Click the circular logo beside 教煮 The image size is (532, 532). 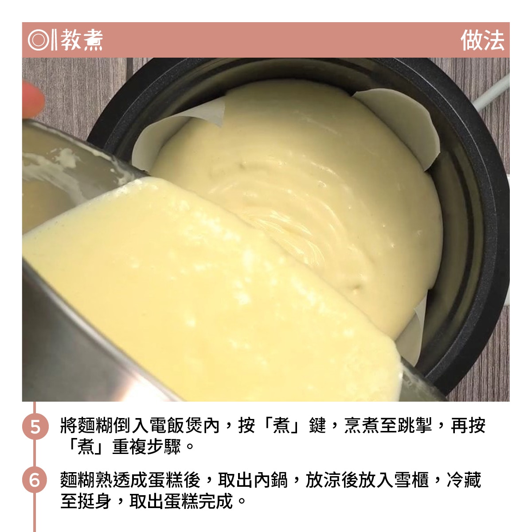tap(39, 40)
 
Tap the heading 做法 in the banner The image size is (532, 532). tap(482, 40)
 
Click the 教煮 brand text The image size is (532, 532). tap(82, 40)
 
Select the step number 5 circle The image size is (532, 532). tap(35, 426)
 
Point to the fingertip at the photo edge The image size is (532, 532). tap(32, 100)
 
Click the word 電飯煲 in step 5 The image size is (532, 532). tap(175, 426)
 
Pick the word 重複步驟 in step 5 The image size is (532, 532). tap(147, 447)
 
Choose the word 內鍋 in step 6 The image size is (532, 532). tap(271, 480)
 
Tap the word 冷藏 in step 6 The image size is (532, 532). tap(464, 480)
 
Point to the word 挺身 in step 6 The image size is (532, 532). tap(95, 501)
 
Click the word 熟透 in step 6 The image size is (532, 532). tap(113, 480)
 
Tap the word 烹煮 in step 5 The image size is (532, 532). tap(362, 426)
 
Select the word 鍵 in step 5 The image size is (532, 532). tap(318, 426)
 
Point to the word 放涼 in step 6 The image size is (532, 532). tap(323, 480)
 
